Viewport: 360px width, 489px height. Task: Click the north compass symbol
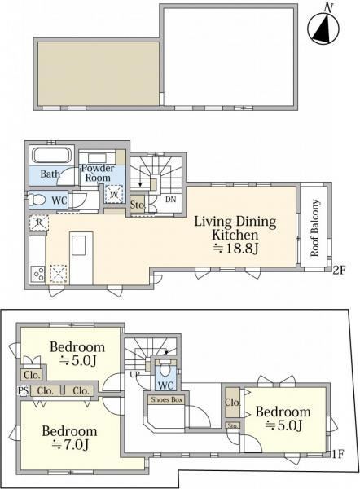[323, 29]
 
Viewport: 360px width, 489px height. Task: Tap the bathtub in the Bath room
[52, 155]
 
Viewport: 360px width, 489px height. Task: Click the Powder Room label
[98, 173]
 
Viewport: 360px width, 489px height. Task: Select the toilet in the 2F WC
[37, 200]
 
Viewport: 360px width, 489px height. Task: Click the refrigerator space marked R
[39, 222]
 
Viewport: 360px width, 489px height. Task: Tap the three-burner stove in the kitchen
[38, 275]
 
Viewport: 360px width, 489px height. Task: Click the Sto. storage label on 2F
[138, 205]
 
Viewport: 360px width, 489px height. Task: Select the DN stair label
[170, 200]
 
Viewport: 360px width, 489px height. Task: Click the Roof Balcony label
[315, 228]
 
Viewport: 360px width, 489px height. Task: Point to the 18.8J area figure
[236, 249]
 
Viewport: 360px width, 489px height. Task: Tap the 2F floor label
[339, 270]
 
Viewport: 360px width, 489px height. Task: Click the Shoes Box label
[166, 399]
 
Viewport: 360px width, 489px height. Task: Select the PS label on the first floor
[24, 390]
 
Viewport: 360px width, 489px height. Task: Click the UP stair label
[134, 374]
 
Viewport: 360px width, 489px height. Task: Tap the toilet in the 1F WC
[165, 369]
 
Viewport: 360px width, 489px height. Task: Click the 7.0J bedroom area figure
[70, 445]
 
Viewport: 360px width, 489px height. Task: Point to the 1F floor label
[338, 454]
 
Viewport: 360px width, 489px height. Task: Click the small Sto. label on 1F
[233, 425]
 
